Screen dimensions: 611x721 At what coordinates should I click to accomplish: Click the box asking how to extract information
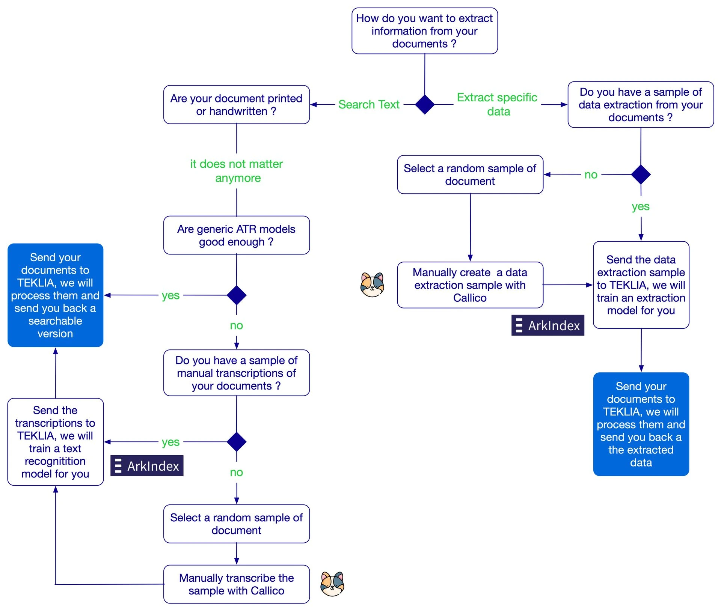[424, 31]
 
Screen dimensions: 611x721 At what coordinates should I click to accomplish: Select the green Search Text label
[368, 104]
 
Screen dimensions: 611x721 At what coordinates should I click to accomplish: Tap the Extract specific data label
[497, 104]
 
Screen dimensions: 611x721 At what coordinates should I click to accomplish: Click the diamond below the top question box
[425, 104]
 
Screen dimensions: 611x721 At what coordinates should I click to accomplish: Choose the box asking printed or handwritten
[236, 105]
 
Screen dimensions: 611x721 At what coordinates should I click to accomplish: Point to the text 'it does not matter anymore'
[237, 171]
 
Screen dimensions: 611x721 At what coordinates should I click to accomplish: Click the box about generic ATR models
[236, 235]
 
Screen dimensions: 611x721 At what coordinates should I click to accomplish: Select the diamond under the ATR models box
[237, 295]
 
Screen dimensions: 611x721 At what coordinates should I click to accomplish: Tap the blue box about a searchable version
[55, 295]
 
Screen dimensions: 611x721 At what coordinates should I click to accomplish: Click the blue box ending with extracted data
[641, 424]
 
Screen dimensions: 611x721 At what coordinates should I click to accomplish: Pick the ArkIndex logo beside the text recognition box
[147, 466]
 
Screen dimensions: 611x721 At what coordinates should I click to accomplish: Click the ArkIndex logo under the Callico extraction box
[548, 325]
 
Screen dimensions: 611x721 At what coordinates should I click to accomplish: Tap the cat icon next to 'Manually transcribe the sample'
[332, 584]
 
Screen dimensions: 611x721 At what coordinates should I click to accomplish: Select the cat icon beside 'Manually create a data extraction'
[372, 285]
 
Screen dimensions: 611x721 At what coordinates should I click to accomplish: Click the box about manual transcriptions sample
[236, 373]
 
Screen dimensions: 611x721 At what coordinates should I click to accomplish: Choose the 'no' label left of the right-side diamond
[591, 175]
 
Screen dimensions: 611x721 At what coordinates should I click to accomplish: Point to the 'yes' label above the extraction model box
[640, 206]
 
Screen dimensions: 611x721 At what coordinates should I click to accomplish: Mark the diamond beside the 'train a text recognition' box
[237, 442]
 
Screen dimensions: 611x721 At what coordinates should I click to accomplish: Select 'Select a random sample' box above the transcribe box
[236, 524]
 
